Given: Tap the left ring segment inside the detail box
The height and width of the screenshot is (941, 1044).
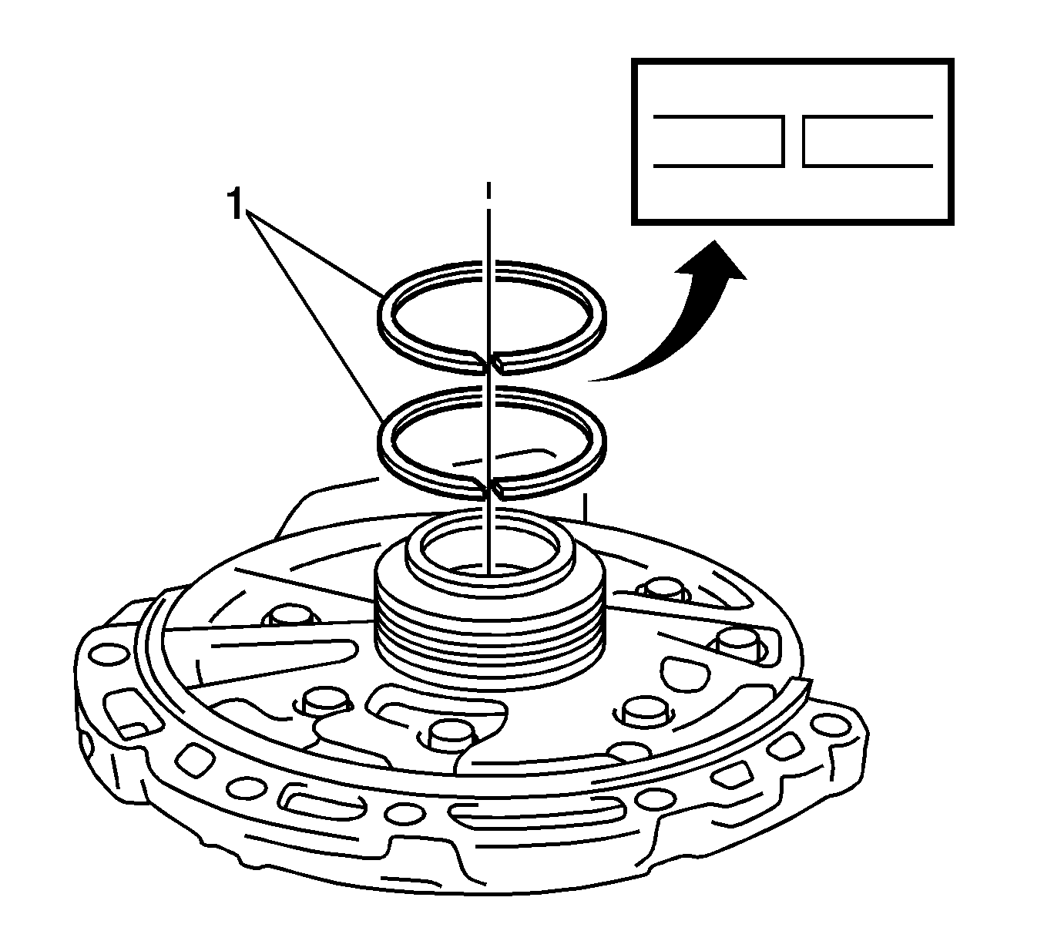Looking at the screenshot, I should pos(718,141).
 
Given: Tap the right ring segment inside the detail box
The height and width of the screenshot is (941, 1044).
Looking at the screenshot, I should pos(868,141).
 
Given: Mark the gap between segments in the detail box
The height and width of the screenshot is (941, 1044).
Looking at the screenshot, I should pos(794,141).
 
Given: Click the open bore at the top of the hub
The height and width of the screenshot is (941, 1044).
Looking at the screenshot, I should pos(489,551).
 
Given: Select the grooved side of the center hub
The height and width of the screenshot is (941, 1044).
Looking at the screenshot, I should pos(489,632).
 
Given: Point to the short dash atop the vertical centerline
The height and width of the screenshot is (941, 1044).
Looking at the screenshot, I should pos(488,191).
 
